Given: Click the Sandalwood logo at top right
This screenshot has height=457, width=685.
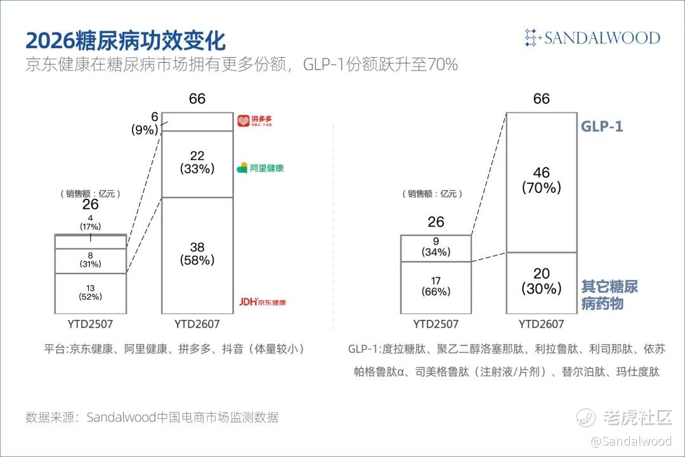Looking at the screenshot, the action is tap(592, 37).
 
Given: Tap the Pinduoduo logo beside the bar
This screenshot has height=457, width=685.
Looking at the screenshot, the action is tap(255, 121).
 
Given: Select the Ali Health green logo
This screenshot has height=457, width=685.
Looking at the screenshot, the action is tap(261, 168).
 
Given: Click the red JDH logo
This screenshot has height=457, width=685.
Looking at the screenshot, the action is tap(263, 301).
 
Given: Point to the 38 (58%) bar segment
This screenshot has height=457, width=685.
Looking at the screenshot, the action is tap(197, 255).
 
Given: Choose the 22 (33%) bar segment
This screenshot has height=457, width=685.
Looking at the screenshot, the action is tap(197, 164).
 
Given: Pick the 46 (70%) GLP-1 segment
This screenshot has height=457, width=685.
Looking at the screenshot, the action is tap(542, 182).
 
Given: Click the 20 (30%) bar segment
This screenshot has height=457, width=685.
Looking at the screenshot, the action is tap(542, 283).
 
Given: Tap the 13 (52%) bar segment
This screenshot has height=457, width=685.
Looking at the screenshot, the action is tap(91, 293).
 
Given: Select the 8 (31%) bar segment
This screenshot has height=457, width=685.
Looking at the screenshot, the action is tap(91, 261).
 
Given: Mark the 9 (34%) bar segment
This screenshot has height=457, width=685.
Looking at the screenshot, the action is tap(436, 248).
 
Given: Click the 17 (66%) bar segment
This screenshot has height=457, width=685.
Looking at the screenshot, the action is tap(436, 288).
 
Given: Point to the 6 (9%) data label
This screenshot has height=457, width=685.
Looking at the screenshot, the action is tap(145, 123).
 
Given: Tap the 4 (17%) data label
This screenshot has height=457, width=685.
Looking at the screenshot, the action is tap(91, 222).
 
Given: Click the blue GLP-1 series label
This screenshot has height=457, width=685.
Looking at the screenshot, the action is tap(601, 126).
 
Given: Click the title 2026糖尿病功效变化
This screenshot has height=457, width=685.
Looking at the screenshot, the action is tap(126, 41).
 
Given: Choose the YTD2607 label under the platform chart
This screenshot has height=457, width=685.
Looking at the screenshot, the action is tap(197, 324).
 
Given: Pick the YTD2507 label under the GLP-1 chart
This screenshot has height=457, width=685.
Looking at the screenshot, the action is tap(436, 324).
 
